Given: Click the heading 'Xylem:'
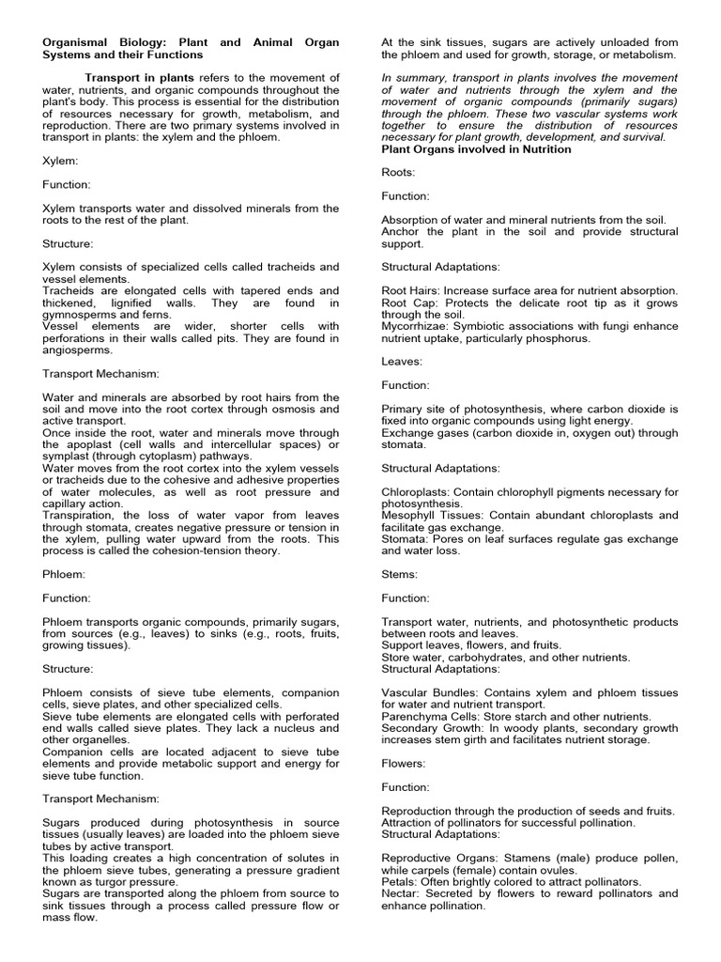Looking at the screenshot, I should pos(60,161).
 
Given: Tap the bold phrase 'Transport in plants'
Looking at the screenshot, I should pos(140,77).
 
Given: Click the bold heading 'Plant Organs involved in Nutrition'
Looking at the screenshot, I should pos(476,148).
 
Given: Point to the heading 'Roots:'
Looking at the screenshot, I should pos(400,172).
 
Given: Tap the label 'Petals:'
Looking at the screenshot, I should pos(402,882).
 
